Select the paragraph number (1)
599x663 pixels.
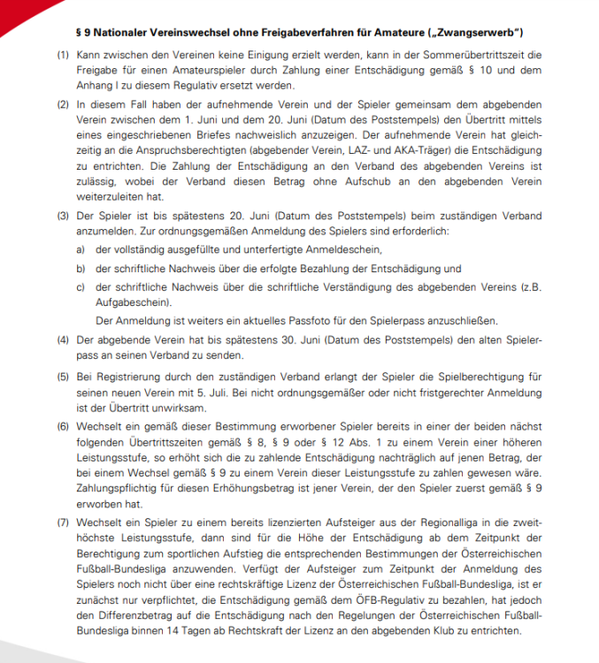click(x=62, y=55)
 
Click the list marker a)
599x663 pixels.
click(x=81, y=250)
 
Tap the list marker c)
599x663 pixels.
click(x=81, y=286)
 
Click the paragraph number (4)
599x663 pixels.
click(x=62, y=339)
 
